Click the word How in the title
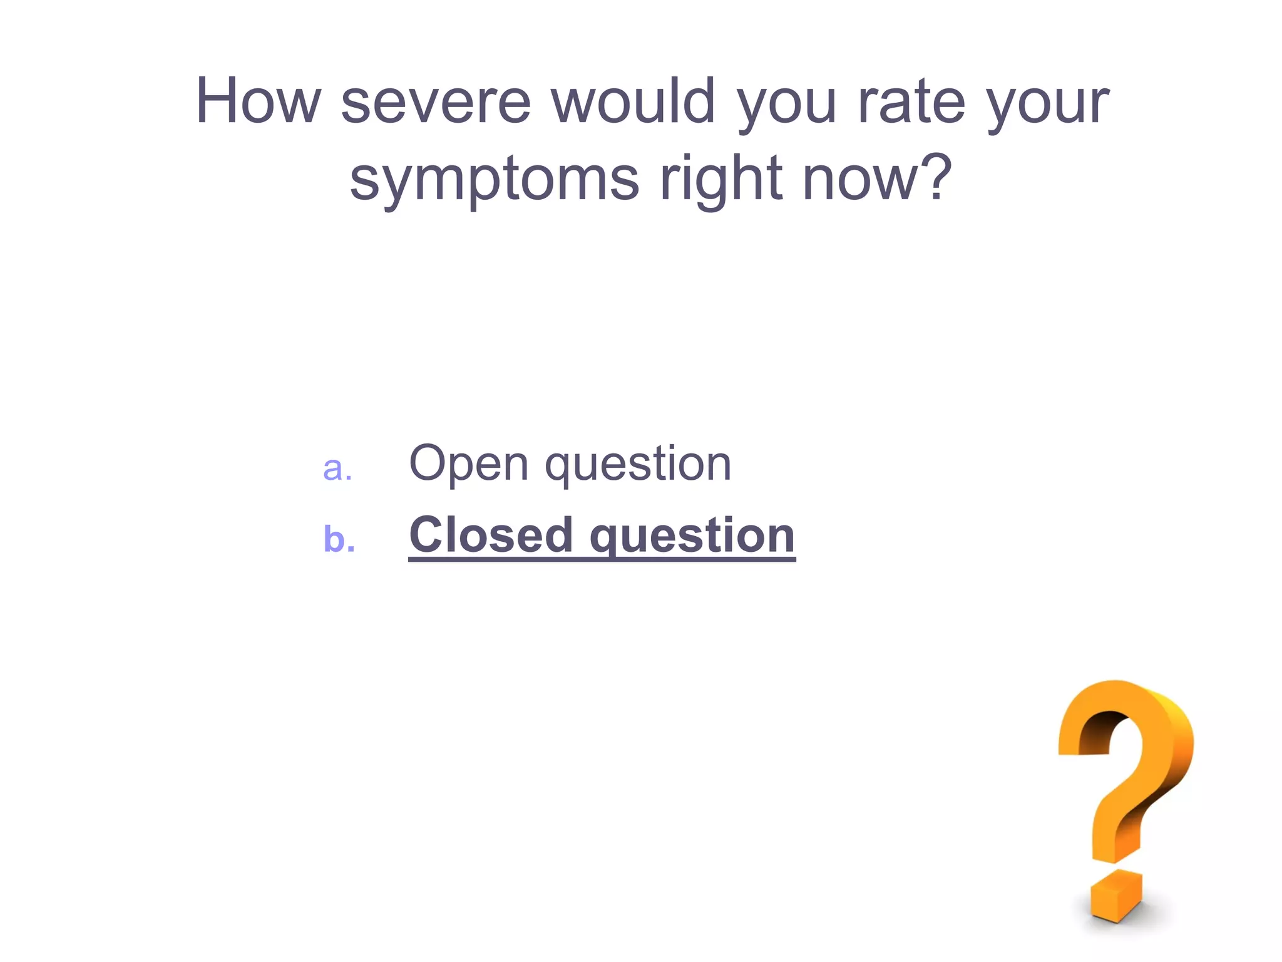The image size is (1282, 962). click(x=258, y=101)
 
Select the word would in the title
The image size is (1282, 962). click(x=633, y=101)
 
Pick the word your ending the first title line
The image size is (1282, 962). click(x=1048, y=106)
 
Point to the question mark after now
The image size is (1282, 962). click(x=933, y=178)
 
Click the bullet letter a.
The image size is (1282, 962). click(x=337, y=468)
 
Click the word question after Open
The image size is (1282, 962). click(x=638, y=467)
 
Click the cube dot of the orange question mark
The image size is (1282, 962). click(x=1115, y=896)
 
